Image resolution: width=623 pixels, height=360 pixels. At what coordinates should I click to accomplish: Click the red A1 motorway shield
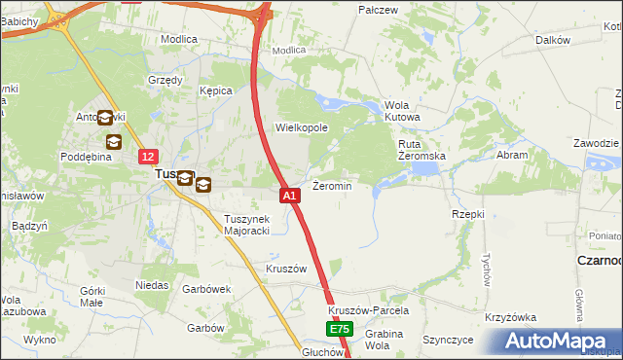[x=289, y=196]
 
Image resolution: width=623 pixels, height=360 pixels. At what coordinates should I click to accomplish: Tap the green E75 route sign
[x=338, y=330]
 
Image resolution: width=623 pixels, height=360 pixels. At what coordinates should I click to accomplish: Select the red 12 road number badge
[x=147, y=156]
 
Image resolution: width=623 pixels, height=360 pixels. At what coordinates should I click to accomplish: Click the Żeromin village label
[x=332, y=185]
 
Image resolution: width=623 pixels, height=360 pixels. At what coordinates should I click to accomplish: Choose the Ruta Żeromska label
[x=421, y=150]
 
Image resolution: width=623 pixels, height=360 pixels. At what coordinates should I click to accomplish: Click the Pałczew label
[x=379, y=10]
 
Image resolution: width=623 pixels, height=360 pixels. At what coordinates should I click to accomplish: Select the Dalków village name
[x=552, y=40]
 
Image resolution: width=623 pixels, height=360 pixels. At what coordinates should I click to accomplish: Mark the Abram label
[x=512, y=155]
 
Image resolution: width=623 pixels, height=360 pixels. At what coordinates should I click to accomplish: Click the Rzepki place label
[x=468, y=213]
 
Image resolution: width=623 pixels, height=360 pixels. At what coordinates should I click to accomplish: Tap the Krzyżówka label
[x=511, y=318]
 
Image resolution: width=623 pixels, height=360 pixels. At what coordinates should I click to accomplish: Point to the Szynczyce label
[x=448, y=340]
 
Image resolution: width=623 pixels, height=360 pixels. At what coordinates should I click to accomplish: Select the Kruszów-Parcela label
[x=368, y=310]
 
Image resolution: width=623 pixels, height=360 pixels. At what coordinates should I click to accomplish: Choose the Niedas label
[x=152, y=286]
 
